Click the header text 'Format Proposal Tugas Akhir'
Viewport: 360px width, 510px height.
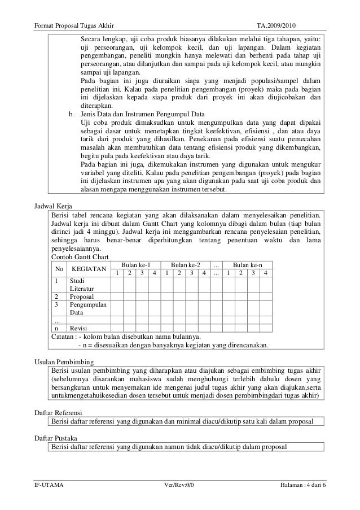[x=74, y=11]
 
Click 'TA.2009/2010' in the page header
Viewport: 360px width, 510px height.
[x=279, y=11]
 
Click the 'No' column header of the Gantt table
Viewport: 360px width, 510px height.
[x=59, y=269]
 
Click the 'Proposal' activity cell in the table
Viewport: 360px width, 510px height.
[x=82, y=296]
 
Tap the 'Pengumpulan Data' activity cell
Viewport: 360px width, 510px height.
[x=88, y=308]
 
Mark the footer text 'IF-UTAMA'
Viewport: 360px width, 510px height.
[x=50, y=486]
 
